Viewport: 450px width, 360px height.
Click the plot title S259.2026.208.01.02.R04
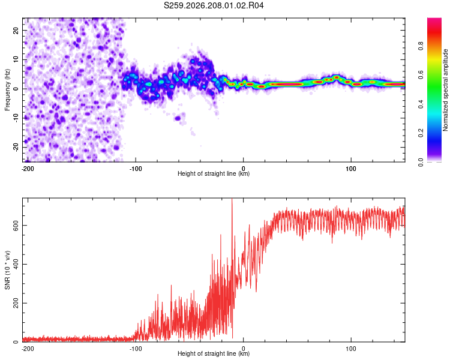point(214,5)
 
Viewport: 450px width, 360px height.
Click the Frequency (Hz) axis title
point(7,90)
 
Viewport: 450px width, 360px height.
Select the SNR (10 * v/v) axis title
point(7,270)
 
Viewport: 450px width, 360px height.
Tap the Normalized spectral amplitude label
point(445,90)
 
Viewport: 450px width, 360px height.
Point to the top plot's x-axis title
point(214,173)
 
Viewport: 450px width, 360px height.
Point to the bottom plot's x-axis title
point(214,353)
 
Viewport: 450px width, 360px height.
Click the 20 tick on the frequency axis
point(16,31)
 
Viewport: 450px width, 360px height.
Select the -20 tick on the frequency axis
point(16,147)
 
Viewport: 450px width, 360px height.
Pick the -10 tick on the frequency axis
point(16,118)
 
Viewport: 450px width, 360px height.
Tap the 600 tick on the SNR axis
point(16,226)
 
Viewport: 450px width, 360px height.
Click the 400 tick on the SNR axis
point(16,264)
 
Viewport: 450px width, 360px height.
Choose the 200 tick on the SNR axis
point(16,303)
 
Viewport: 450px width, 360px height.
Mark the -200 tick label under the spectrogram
point(28,169)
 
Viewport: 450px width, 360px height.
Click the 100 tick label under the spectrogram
point(351,169)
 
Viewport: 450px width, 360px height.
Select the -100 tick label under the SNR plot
point(136,349)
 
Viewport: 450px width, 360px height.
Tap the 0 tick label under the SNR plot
point(244,349)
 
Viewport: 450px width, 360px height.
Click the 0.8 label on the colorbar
point(421,46)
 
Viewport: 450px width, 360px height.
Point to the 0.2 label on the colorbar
point(421,133)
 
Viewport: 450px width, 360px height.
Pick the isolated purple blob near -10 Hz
point(178,118)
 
